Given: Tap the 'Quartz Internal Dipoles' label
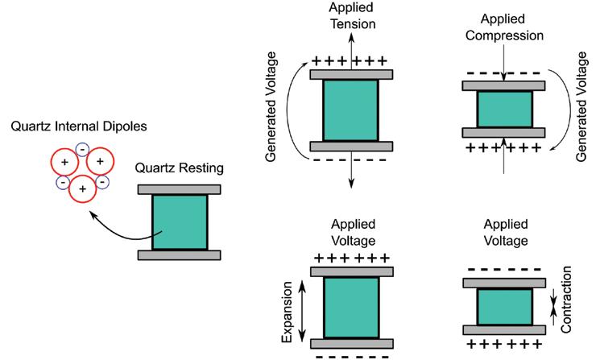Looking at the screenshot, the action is tap(79, 126).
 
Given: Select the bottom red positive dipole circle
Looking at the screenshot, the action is tap(82, 188).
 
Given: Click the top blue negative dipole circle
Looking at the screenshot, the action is tap(82, 150).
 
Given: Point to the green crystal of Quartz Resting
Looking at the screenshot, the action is tap(180, 222).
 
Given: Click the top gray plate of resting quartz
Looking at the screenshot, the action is tap(179, 189).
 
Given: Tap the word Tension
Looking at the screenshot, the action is tap(353, 23).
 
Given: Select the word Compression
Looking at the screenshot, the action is tap(504, 35).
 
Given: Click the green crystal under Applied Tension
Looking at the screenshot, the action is tap(351, 110).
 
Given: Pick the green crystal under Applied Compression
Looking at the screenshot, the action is tap(505, 109).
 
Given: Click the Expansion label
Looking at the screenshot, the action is tap(287, 312).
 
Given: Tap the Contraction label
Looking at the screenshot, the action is tap(566, 300).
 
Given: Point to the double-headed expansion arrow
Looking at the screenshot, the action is tap(302, 311).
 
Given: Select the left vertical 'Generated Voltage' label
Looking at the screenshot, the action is tap(271, 107).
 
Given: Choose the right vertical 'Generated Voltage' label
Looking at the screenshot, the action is tap(581, 107).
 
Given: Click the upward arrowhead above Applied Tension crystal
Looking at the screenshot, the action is tap(351, 37).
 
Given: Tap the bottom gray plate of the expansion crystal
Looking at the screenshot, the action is tap(352, 344).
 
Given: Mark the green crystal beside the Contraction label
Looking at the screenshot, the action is tap(505, 307).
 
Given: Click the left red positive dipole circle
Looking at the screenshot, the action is tap(64, 162).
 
